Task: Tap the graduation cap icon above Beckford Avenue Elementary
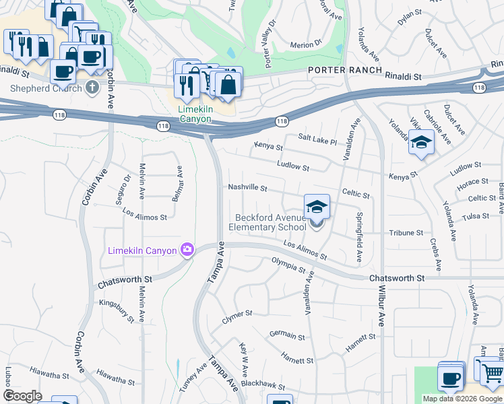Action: pyautogui.click(x=317, y=207)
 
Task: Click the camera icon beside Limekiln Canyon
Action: pyautogui.click(x=186, y=250)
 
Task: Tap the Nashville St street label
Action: pyautogui.click(x=248, y=188)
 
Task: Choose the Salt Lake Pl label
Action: pyautogui.click(x=315, y=139)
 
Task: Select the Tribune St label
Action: pyautogui.click(x=406, y=233)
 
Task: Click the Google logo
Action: pyautogui.click(x=22, y=396)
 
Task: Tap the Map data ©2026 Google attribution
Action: pyautogui.click(x=462, y=399)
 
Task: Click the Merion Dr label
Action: pyautogui.click(x=306, y=44)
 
